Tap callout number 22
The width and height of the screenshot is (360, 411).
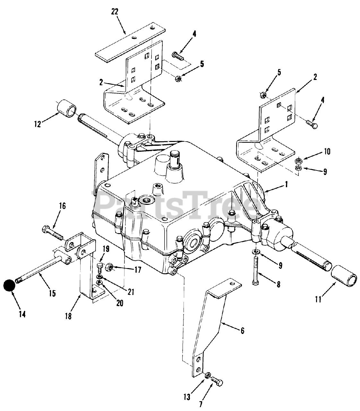coord(115,12)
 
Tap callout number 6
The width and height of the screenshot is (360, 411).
coord(242,330)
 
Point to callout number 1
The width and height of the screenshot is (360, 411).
coord(286,185)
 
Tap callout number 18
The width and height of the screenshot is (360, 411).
coord(68,316)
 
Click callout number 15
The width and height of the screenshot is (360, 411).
coord(52,293)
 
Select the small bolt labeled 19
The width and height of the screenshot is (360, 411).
coord(99,266)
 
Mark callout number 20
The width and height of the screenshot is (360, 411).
coord(119,303)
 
